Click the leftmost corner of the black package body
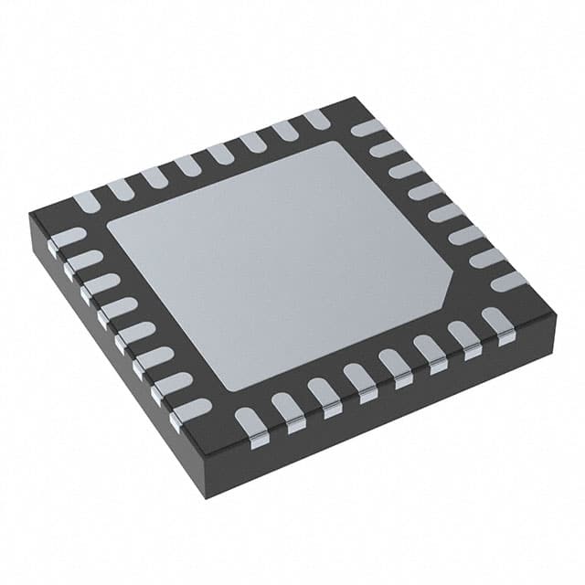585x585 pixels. tap(30, 216)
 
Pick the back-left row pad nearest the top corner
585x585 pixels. tap(316, 119)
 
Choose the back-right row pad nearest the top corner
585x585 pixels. tap(367, 128)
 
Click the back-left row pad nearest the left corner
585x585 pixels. tap(88, 201)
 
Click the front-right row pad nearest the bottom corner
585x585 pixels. tap(249, 420)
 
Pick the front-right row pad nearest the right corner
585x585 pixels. tap(498, 321)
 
